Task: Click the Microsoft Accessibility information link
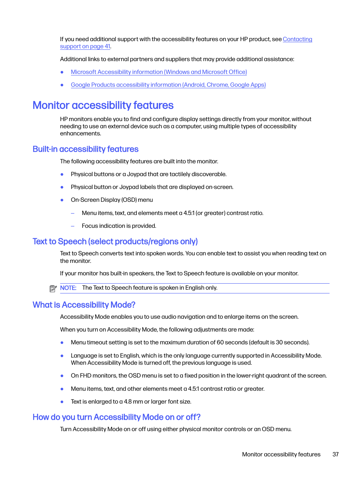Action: coord(158,72)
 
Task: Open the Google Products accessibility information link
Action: coord(168,85)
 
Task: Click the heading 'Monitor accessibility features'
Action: coord(103,105)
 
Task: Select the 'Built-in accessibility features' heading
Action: coord(86,149)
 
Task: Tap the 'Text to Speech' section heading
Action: coord(115,241)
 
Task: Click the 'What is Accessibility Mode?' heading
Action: coord(84,305)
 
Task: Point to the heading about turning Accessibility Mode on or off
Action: coord(116,417)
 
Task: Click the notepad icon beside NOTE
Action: coord(53,289)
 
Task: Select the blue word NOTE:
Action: coord(68,288)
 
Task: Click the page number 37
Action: coord(335,454)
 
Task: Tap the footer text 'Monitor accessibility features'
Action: coord(281,454)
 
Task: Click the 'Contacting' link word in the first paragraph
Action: coord(297,39)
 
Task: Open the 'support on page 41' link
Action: coord(85,46)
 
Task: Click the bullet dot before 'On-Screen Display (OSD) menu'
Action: coord(62,200)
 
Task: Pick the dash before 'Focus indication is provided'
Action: coord(73,226)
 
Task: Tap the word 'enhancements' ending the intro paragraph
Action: coord(80,134)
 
